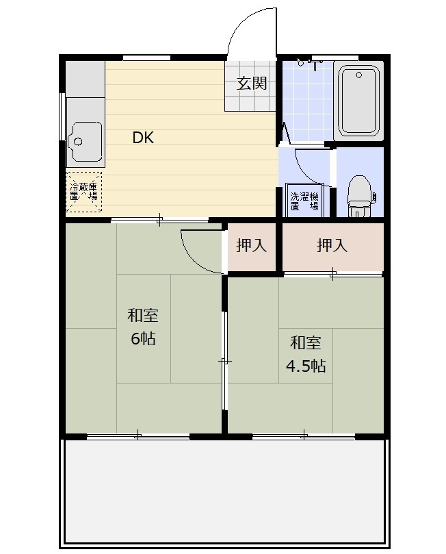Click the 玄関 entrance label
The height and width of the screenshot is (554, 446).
pyautogui.click(x=252, y=84)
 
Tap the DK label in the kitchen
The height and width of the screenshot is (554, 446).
pyautogui.click(x=143, y=138)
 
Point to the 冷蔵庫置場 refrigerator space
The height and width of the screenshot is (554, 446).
pyautogui.click(x=83, y=192)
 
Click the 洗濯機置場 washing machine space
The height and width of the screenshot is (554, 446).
pyautogui.click(x=304, y=200)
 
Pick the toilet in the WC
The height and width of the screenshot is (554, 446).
pyautogui.click(x=360, y=195)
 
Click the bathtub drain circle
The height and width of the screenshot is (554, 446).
pyautogui.click(x=359, y=75)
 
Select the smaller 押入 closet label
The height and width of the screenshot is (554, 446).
pyautogui.click(x=251, y=245)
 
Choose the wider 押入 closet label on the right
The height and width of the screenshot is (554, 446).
pyautogui.click(x=332, y=245)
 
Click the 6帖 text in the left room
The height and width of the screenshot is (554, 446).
pyautogui.click(x=143, y=338)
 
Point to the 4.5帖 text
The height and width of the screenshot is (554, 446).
pyautogui.click(x=306, y=366)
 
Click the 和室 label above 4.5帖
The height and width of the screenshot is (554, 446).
pyautogui.click(x=306, y=342)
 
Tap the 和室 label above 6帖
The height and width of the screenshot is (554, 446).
pyautogui.click(x=142, y=315)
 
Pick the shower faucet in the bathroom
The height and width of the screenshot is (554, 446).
pyautogui.click(x=315, y=62)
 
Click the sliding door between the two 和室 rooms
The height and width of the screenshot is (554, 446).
pyautogui.click(x=224, y=361)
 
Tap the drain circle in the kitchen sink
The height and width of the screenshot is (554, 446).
pyautogui.click(x=78, y=142)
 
